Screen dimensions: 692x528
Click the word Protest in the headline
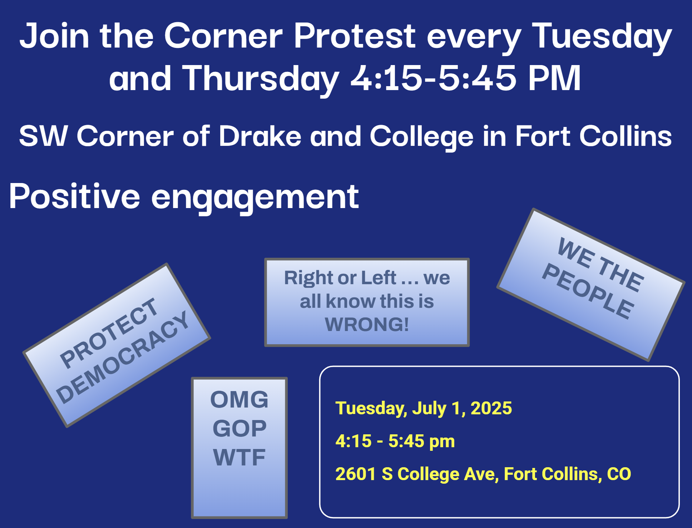point(355,36)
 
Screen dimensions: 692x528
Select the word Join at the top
point(54,36)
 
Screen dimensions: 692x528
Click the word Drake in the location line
point(260,136)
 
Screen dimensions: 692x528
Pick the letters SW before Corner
point(43,136)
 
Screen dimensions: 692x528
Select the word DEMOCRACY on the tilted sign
point(123,357)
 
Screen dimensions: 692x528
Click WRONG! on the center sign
point(367,324)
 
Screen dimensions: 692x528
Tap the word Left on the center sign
point(379,278)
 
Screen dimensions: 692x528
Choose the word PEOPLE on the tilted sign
point(588,291)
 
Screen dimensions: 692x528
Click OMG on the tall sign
point(239,399)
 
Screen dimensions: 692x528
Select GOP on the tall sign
point(239,428)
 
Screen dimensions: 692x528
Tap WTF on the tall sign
point(239,457)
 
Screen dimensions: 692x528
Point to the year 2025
point(491,408)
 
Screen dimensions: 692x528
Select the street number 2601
point(356,474)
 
